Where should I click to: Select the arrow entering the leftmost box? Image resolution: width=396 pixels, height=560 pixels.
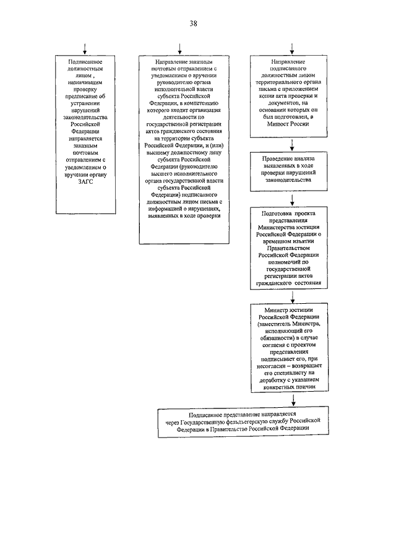click(x=86, y=49)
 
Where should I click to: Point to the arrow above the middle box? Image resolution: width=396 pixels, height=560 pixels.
click(x=179, y=49)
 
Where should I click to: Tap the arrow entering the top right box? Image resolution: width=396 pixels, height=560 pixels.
click(x=292, y=49)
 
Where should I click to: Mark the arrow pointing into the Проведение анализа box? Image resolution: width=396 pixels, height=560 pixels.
click(x=292, y=143)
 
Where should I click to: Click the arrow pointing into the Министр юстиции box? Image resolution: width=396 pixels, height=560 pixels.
click(x=292, y=295)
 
